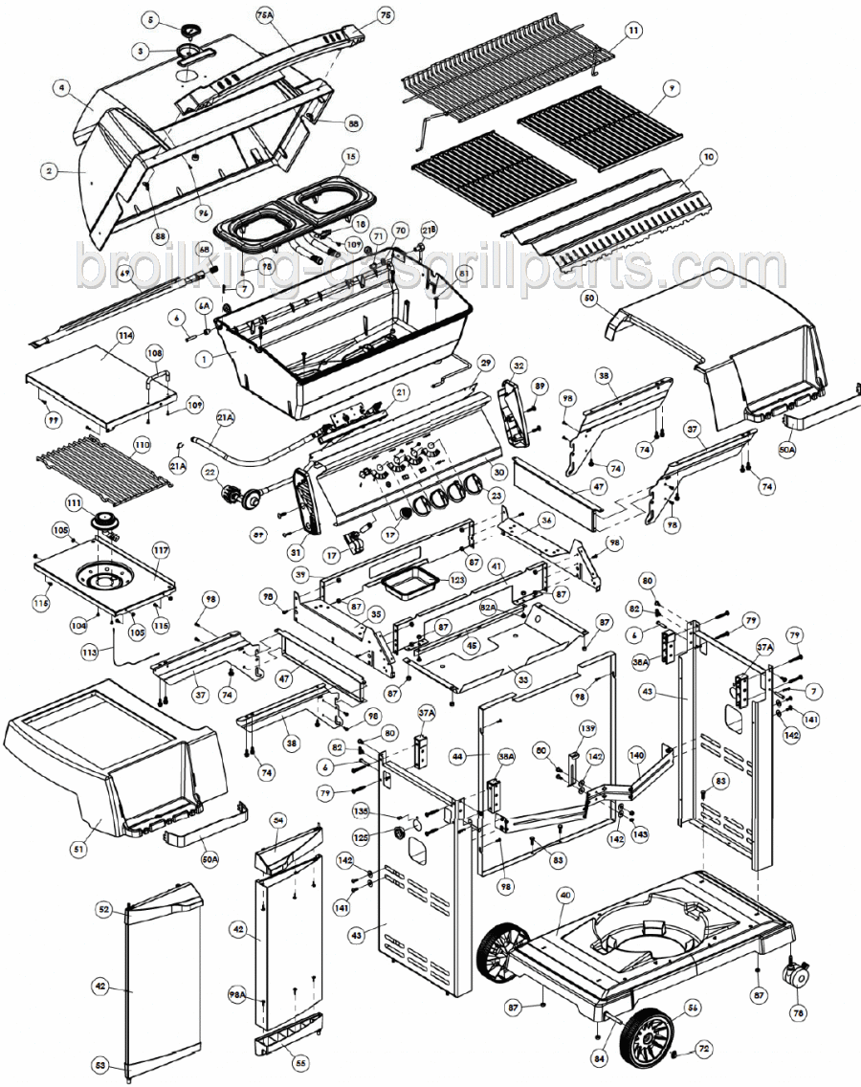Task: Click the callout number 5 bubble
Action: point(149,19)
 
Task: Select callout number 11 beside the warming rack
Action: point(632,31)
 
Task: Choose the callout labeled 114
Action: point(123,336)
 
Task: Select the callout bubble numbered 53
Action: point(99,1065)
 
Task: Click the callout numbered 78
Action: point(798,1012)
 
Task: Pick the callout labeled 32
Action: point(519,365)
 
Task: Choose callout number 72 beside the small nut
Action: point(703,1050)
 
